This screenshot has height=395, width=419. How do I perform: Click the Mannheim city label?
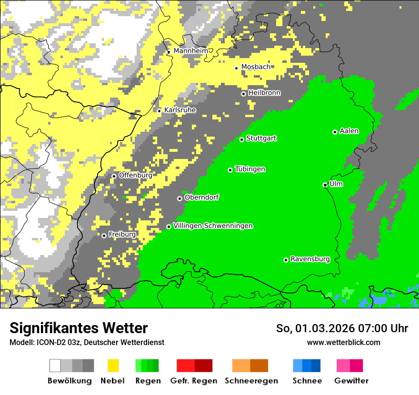pos(191,51)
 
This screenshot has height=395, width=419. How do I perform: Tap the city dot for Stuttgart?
pos(241,139)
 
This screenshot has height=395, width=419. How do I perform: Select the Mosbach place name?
pos(256,67)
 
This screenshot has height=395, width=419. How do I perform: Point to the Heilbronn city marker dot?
pos(243,94)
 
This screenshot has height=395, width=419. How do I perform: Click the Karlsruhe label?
pos(180,110)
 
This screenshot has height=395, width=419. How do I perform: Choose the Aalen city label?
pos(349,131)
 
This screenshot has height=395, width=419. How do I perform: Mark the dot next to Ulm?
pos(325,185)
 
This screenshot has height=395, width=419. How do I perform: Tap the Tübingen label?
pos(250,169)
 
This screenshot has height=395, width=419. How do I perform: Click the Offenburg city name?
pos(135,175)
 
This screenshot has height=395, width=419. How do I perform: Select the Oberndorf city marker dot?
pos(180,198)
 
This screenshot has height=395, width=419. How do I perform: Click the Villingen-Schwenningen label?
pos(213,226)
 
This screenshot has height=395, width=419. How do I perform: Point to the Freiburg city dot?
pos(104,236)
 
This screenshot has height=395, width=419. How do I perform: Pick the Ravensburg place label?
pos(310,259)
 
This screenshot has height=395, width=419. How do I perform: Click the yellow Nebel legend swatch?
pos(113,365)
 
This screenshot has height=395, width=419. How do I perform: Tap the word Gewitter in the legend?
pos(351,381)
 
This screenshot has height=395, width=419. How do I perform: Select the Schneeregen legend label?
pos(251,381)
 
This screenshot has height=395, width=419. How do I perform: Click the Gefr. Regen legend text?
pos(194,381)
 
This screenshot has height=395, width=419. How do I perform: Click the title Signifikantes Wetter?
pos(79,328)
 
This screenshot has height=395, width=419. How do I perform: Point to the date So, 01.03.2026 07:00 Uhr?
pos(342,328)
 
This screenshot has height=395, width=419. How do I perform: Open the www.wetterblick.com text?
pos(343,342)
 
